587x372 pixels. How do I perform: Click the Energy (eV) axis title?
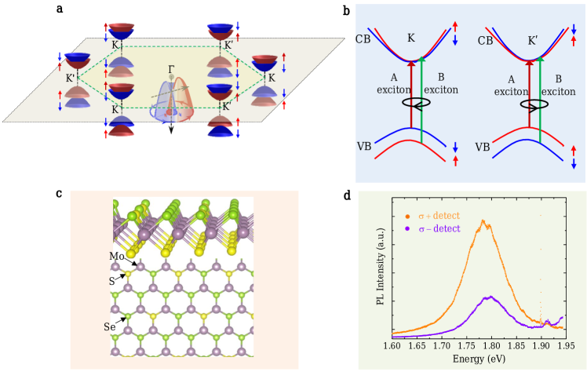[479, 359]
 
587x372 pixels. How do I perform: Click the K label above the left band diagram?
[411, 37]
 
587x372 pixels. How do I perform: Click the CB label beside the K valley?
[363, 38]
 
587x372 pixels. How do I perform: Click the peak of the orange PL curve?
[483, 221]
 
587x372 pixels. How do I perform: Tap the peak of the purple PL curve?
[490, 297]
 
